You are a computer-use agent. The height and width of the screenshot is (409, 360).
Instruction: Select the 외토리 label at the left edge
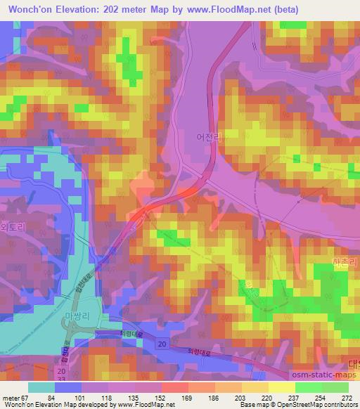(12, 228)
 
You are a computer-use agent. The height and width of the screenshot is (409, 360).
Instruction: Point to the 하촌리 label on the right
(345, 261)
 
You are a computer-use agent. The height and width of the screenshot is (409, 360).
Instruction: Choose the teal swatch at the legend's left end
(41, 387)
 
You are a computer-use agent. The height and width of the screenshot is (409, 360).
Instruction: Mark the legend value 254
(321, 398)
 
